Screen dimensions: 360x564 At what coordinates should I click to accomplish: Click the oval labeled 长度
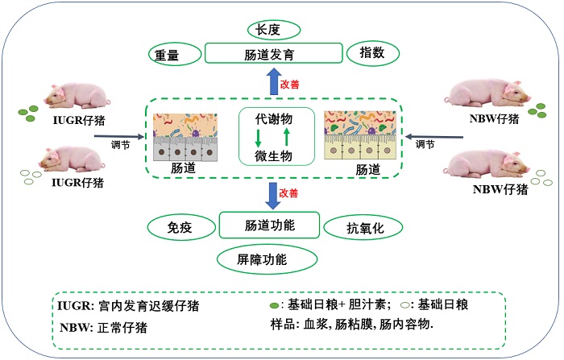point(273,30)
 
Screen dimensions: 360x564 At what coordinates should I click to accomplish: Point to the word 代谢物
point(273,118)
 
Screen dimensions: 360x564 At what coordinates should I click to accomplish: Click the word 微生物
point(273,153)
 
